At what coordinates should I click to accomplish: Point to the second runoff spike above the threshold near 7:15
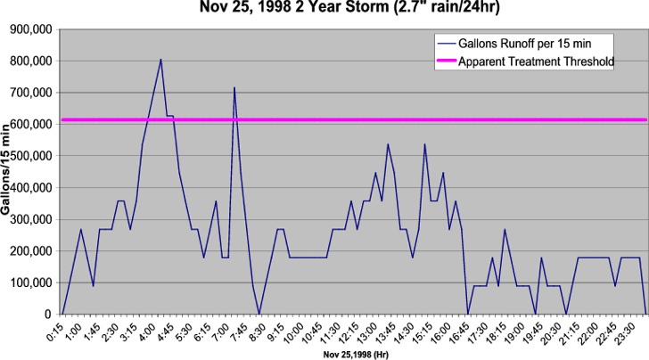coord(234,88)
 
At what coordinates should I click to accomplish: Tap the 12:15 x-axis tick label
coord(351,331)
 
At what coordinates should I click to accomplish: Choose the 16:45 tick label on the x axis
coord(463,331)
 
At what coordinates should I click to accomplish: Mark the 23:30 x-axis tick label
coord(629,331)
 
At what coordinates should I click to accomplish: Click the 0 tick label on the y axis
coord(47,314)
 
